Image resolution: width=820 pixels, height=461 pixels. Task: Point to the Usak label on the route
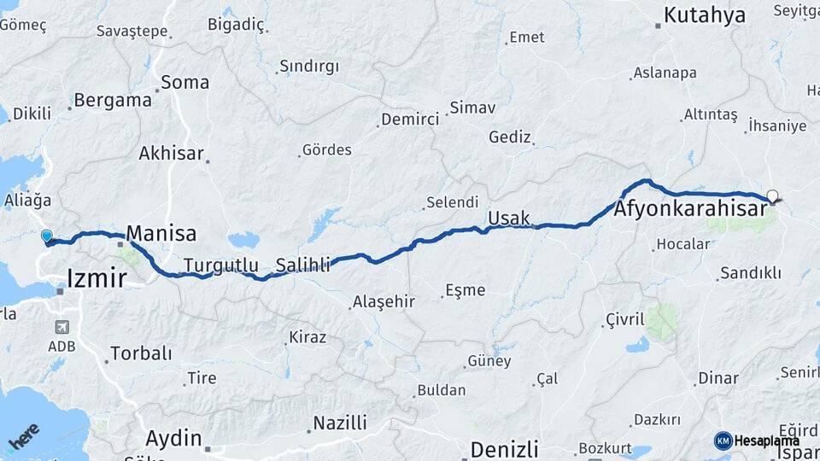[x=509, y=219]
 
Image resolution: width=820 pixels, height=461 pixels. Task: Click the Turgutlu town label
[x=220, y=265]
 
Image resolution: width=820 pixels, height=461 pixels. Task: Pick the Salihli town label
[x=302, y=265]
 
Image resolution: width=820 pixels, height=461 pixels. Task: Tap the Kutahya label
[x=704, y=15]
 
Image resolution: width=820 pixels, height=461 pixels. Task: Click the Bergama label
[x=113, y=100]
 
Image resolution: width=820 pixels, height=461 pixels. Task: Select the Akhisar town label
[x=171, y=154]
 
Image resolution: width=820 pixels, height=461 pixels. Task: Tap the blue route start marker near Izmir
[x=46, y=236]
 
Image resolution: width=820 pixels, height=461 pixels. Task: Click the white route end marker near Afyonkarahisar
[x=772, y=196]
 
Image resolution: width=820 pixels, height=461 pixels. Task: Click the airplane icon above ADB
[x=61, y=327]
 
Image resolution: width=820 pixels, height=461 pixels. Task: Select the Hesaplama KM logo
[x=756, y=441]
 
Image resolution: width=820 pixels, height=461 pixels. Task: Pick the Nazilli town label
[x=340, y=423]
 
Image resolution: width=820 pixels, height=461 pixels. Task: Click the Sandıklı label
[x=751, y=273]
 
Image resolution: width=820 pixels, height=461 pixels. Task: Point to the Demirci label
[x=410, y=120]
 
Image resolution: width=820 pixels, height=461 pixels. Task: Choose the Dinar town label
[x=717, y=377]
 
